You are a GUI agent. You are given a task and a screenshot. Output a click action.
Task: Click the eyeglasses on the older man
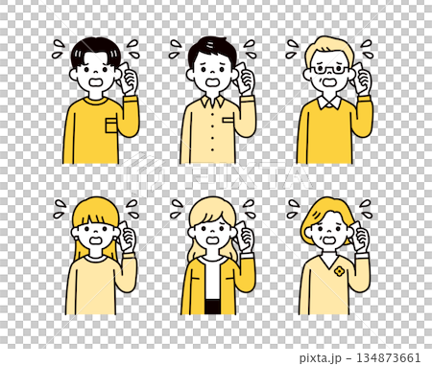[x=328, y=69]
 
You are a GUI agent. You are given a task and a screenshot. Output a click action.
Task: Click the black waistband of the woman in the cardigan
[x=212, y=308]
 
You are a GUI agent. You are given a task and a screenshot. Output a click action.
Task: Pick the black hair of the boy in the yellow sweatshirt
[x=93, y=49]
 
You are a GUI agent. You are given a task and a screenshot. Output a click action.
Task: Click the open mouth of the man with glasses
[x=329, y=84]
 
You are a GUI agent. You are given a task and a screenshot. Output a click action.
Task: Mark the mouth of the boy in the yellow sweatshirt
[x=95, y=84]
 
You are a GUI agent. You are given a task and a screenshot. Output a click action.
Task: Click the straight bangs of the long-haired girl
[x=91, y=217]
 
